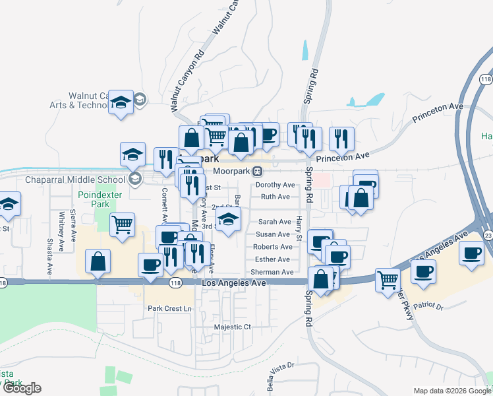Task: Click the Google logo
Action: [22, 388]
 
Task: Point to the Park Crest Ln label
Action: [169, 308]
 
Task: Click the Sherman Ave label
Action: [272, 272]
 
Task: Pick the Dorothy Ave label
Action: [275, 185]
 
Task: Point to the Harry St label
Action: [299, 228]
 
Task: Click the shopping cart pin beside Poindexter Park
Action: [123, 226]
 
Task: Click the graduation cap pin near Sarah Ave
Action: [228, 220]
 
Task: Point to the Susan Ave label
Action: [273, 234]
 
